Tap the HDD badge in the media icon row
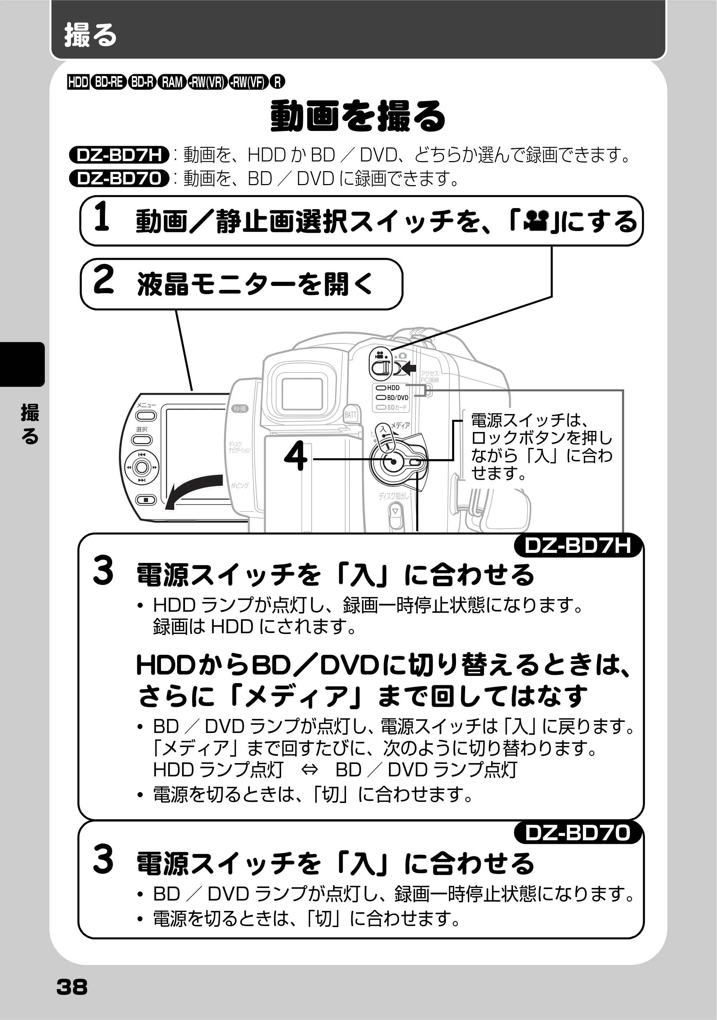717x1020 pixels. click(x=78, y=82)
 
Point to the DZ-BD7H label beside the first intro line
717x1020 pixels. click(x=119, y=155)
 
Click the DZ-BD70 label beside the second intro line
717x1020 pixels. click(x=119, y=178)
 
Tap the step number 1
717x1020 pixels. click(x=102, y=216)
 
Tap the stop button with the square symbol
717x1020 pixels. click(x=146, y=500)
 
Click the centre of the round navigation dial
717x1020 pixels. click(x=142, y=467)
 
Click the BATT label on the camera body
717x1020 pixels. click(x=351, y=414)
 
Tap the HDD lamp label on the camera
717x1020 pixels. click(x=393, y=388)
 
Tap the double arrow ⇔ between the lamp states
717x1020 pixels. click(x=309, y=770)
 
